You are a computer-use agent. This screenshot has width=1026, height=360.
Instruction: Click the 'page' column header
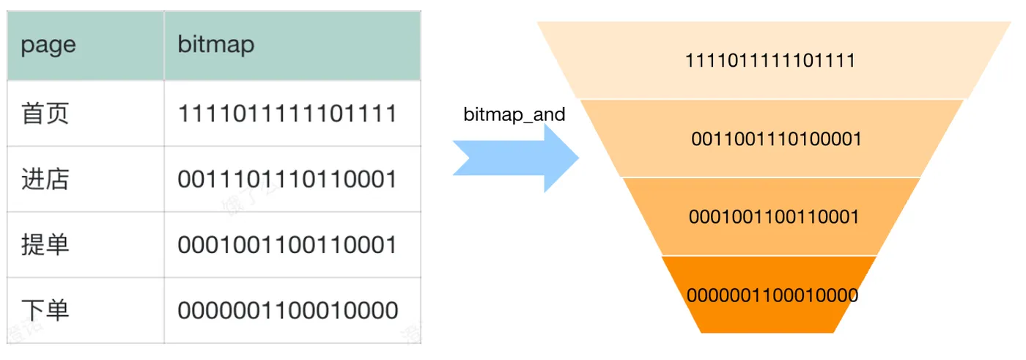[x=48, y=45]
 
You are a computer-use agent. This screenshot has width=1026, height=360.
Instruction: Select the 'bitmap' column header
[x=215, y=45]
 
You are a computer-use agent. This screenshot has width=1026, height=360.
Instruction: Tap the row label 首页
[x=45, y=113]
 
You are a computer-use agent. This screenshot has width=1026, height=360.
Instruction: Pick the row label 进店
[x=45, y=179]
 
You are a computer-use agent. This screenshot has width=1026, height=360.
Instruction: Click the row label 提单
[x=45, y=244]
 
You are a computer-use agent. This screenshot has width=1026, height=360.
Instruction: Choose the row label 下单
[x=45, y=309]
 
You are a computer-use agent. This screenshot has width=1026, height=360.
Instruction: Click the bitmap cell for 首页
[x=287, y=113]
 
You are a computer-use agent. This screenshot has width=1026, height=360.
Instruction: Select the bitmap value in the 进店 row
[x=287, y=179]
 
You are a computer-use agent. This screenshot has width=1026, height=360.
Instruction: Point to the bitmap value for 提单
[x=287, y=245]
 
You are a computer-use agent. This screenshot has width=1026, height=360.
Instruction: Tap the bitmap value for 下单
[x=287, y=310]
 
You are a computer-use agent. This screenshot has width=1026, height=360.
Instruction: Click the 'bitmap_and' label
[x=514, y=114]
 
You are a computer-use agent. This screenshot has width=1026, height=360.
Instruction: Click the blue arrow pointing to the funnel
[x=516, y=158]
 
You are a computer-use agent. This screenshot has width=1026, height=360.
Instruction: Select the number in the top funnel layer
[x=770, y=60]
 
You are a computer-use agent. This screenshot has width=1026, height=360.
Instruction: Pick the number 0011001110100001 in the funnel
[x=776, y=139]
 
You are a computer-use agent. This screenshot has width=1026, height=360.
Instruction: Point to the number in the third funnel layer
[x=774, y=216]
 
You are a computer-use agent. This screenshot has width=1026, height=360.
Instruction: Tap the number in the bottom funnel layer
[x=772, y=295]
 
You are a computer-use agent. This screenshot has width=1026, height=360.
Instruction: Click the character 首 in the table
[x=32, y=113]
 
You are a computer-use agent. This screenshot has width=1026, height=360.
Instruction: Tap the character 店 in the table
[x=57, y=179]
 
